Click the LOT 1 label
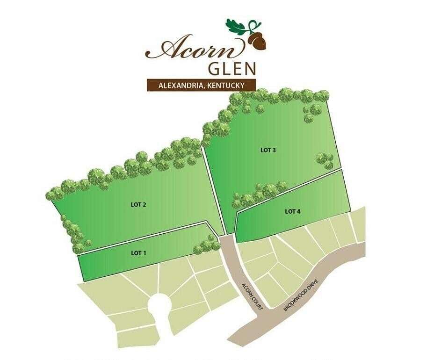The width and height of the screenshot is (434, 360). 138,253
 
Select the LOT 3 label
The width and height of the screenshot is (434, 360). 268,150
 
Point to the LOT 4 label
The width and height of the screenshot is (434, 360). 293,211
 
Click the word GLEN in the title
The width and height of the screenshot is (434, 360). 231,68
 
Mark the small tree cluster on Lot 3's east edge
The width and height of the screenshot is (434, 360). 324,159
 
